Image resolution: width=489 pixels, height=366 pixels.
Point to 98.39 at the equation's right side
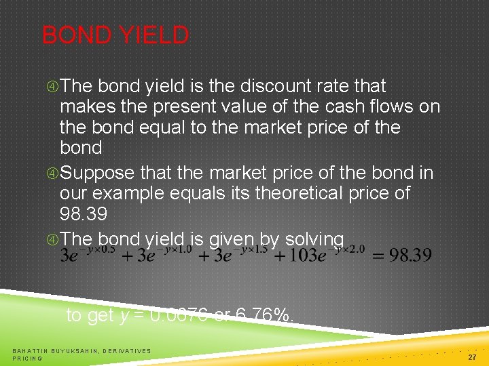409,256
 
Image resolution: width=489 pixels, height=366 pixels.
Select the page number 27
473,355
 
